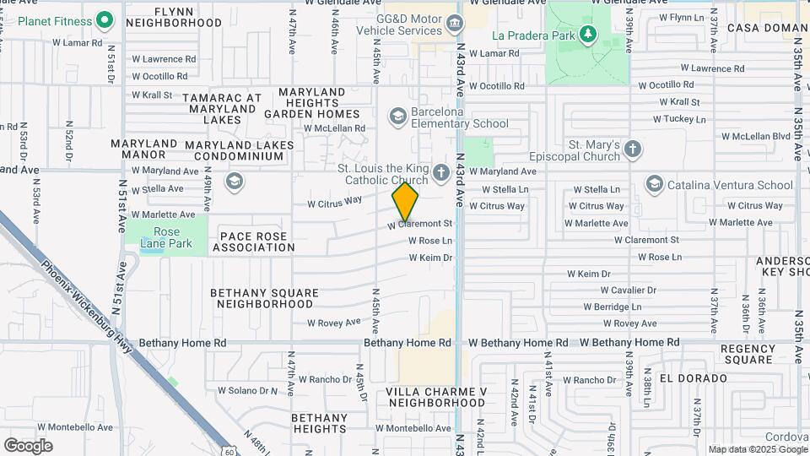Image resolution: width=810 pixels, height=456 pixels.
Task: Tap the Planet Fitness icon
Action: pos(105,19)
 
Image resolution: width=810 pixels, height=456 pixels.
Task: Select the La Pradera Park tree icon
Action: pos(588,35)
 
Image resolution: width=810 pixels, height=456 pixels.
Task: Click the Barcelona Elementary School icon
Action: pos(397,115)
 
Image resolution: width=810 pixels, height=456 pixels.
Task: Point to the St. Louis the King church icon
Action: pos(440,173)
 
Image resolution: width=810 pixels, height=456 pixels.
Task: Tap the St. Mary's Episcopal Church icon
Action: pos(633,150)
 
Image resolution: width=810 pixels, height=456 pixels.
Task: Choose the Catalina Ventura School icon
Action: pos(654,184)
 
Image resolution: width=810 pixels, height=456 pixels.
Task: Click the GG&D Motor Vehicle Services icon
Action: pos(455,22)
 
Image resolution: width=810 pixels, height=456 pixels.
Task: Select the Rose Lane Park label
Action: pos(166,237)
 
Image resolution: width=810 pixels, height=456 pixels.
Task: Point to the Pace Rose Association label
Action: pos(254,242)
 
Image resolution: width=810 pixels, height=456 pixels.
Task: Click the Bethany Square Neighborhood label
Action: pos(264,298)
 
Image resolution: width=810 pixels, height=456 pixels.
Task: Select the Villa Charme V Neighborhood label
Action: pos(436,397)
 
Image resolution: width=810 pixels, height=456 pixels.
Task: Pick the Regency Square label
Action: pos(748,354)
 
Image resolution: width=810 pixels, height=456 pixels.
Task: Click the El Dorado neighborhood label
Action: pos(693,378)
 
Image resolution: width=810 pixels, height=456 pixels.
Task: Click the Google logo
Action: pos(29,445)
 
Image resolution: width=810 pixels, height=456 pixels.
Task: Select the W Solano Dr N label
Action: pos(248,390)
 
